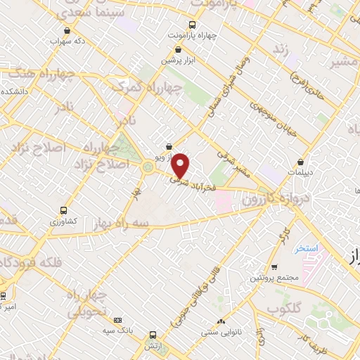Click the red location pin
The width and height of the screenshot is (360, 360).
click(181, 165)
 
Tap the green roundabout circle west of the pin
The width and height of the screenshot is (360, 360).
click(148, 167)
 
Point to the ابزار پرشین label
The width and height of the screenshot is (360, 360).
click(179, 60)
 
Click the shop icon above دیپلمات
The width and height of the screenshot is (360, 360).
click(301, 162)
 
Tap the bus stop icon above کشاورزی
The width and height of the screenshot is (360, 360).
click(64, 210)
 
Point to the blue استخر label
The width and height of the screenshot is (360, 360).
click(307, 249)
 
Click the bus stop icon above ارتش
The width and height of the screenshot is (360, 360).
click(153, 335)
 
